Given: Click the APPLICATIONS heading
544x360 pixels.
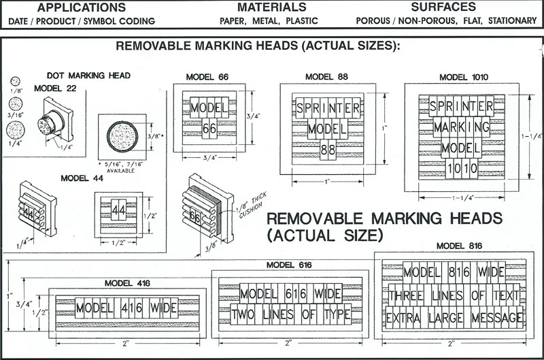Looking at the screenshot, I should coord(81,7).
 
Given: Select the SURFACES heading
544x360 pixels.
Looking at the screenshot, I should coord(443,7).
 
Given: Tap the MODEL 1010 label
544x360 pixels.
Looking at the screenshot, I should coord(464,77).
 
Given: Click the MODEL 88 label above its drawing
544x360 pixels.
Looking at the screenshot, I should coord(326,77).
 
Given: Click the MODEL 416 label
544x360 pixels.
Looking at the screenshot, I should coord(127,282).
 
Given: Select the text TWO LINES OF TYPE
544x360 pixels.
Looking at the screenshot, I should coord(290,315).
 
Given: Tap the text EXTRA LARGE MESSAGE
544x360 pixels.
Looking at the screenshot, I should coord(455,318).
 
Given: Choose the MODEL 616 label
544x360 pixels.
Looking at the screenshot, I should coord(288,264).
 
